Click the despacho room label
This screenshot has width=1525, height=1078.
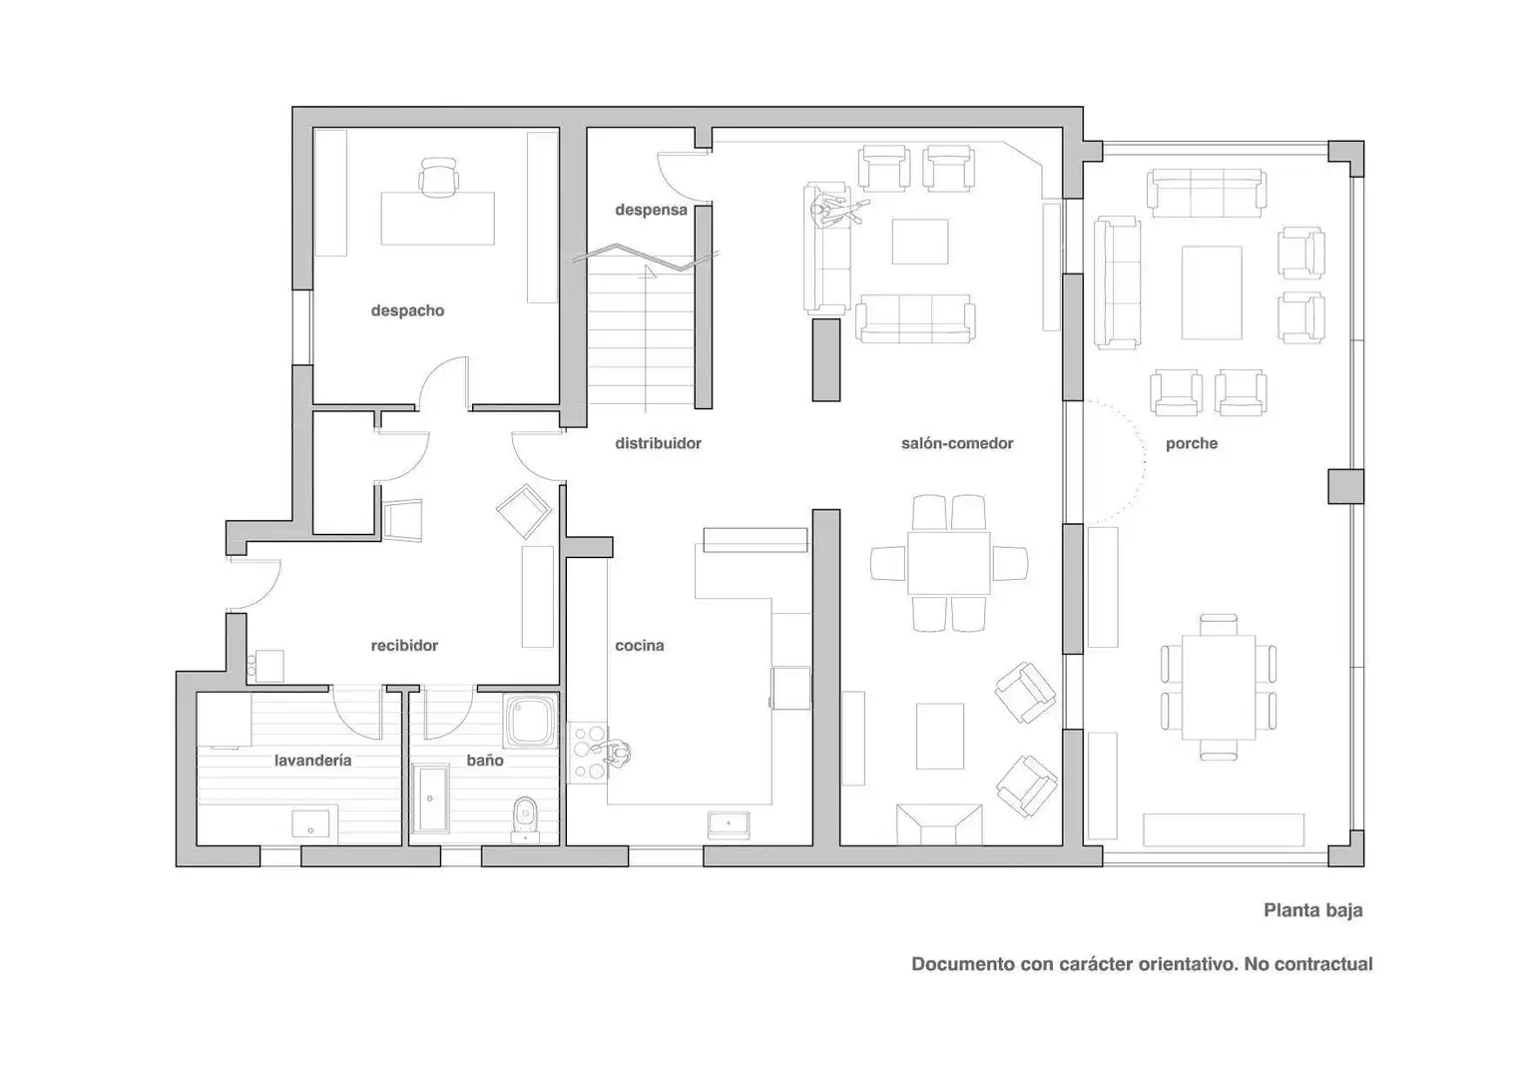click(407, 311)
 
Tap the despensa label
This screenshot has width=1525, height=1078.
click(651, 211)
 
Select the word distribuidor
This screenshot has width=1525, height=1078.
click(658, 443)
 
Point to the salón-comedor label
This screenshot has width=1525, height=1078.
click(957, 443)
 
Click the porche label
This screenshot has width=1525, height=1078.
click(1192, 444)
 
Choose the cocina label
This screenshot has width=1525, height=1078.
click(640, 646)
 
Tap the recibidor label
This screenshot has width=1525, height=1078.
click(404, 646)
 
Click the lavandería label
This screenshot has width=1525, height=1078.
click(313, 760)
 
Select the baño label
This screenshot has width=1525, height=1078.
click(485, 760)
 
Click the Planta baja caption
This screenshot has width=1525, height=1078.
click(1313, 909)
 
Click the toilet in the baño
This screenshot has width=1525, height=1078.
click(525, 819)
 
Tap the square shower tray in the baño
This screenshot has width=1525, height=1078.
click(530, 722)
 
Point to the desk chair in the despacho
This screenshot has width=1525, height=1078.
click(438, 177)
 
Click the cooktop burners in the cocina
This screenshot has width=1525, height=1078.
click(588, 752)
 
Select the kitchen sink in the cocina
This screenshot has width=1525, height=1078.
click(729, 825)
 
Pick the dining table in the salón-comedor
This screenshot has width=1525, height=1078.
click(948, 563)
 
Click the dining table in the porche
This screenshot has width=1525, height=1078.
click(1219, 687)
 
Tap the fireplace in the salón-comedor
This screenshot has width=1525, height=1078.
click(939, 824)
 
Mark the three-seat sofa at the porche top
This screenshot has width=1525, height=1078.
click(1207, 193)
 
